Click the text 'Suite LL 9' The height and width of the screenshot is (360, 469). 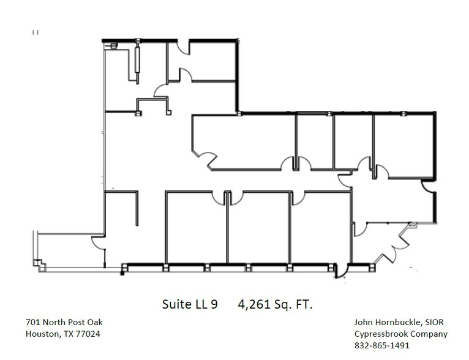(x=190, y=304)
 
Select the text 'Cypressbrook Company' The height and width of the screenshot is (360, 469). (x=400, y=334)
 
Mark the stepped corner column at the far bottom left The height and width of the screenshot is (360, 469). (x=39, y=264)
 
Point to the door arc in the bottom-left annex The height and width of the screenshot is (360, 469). (x=98, y=243)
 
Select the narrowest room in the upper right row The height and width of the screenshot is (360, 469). (x=315, y=141)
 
